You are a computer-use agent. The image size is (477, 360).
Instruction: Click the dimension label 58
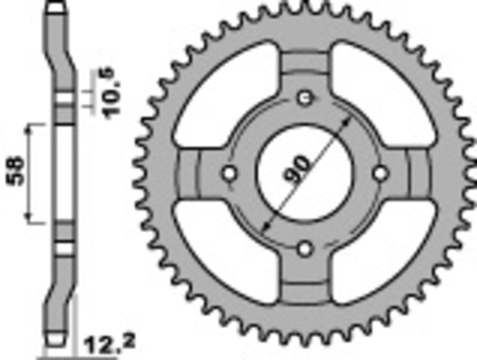[x=16, y=172]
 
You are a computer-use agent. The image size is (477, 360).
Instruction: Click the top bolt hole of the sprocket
[x=305, y=98]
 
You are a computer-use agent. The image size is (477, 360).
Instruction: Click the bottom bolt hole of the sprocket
[x=305, y=248]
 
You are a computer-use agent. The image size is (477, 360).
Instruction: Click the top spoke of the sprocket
[x=305, y=66]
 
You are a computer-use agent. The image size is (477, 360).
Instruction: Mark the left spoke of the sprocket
[x=194, y=173]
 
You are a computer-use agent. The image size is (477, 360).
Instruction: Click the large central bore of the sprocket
[x=305, y=173]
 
